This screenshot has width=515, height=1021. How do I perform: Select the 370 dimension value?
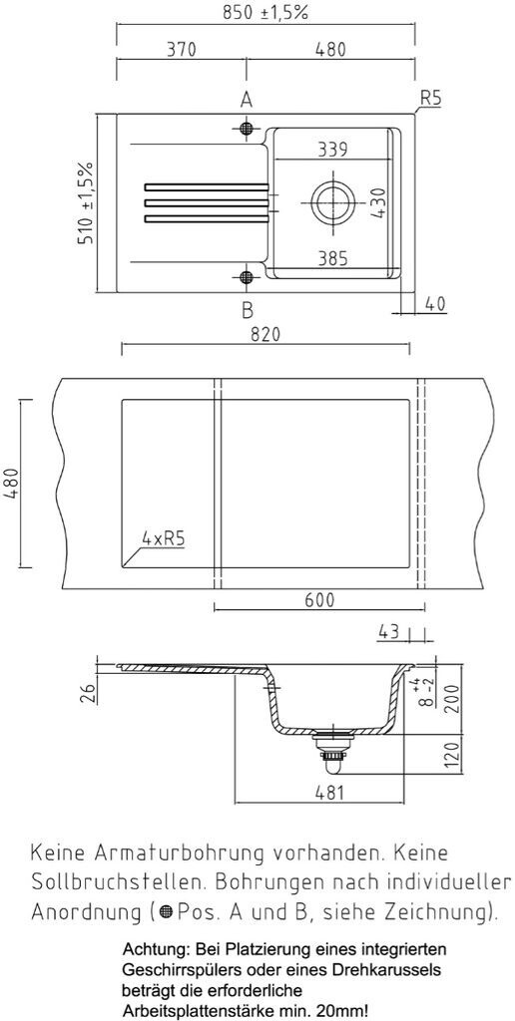[181, 49]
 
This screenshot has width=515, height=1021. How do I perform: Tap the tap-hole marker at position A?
[246, 128]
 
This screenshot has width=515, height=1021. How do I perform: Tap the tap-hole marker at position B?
[246, 278]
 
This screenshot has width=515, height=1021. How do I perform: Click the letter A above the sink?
[247, 100]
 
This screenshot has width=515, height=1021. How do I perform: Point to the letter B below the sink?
[248, 310]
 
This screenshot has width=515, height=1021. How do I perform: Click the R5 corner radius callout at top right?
[431, 99]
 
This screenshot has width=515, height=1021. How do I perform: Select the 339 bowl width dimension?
[332, 150]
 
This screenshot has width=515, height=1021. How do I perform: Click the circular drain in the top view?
[333, 201]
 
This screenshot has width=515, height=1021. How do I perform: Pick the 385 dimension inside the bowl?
[332, 258]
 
